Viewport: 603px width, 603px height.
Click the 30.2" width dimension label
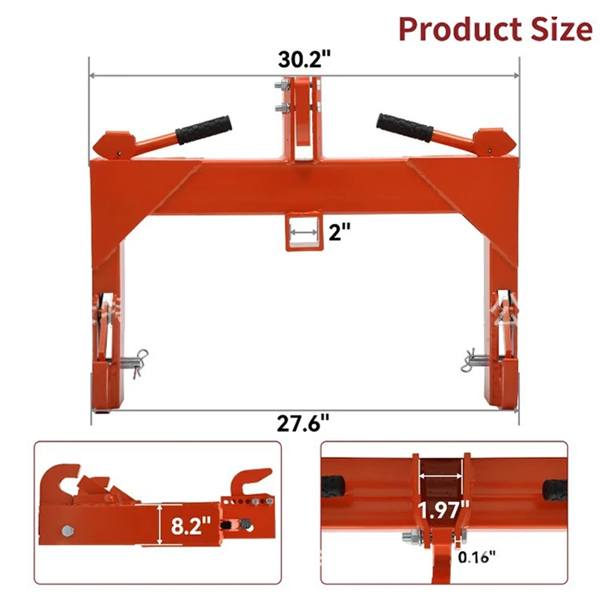coord(305,60)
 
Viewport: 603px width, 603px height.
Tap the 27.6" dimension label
coord(304,424)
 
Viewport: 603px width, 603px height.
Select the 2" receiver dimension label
coord(340,232)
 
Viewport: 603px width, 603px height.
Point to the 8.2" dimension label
coord(191,525)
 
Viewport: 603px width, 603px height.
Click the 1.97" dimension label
coord(443,510)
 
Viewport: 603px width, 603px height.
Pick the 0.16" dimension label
coord(476,557)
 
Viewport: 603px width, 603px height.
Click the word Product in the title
coord(460,29)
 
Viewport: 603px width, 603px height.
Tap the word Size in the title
coord(562,29)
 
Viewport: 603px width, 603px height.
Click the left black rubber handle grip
coord(204,130)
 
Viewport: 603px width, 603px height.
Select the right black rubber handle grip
coord(405,127)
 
